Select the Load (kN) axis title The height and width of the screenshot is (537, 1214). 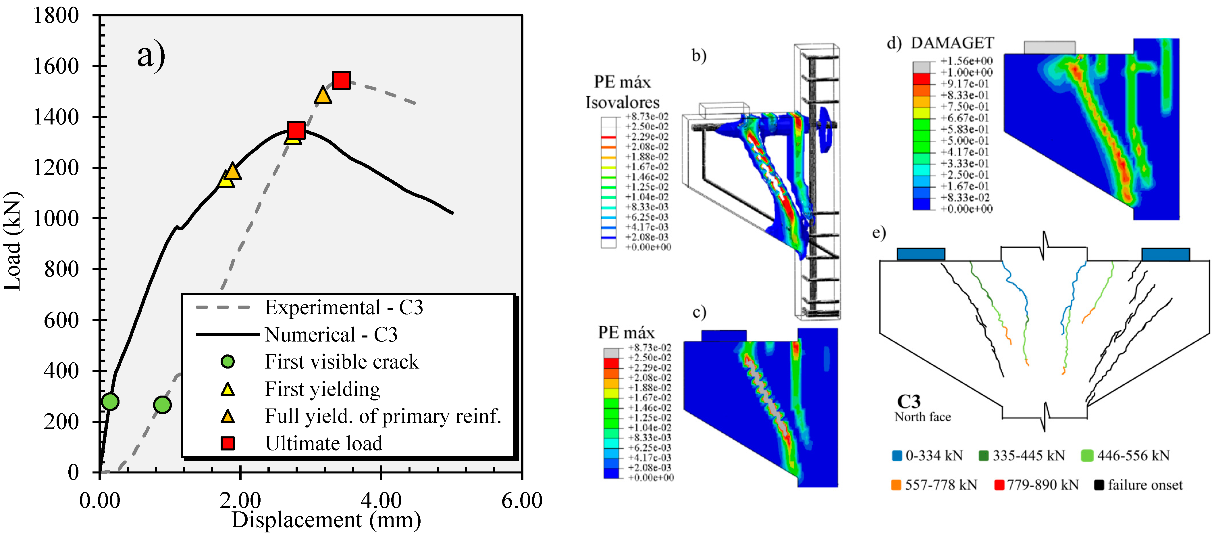[12, 241]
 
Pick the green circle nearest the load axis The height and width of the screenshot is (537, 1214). [110, 402]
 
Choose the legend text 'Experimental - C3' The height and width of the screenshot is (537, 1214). [344, 307]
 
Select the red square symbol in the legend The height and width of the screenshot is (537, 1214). [228, 443]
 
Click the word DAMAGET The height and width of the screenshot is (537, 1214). [953, 43]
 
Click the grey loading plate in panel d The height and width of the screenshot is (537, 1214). [1049, 47]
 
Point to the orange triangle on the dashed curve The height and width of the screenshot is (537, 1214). [323, 95]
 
